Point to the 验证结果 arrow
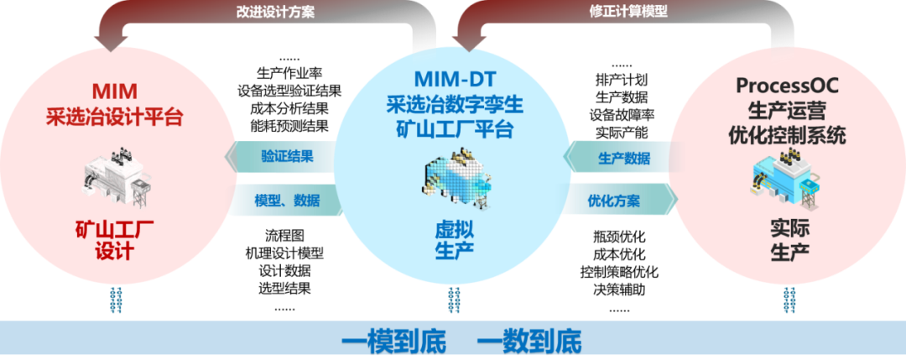(281, 155)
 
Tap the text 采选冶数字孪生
(454, 105)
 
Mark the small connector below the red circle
(115, 300)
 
